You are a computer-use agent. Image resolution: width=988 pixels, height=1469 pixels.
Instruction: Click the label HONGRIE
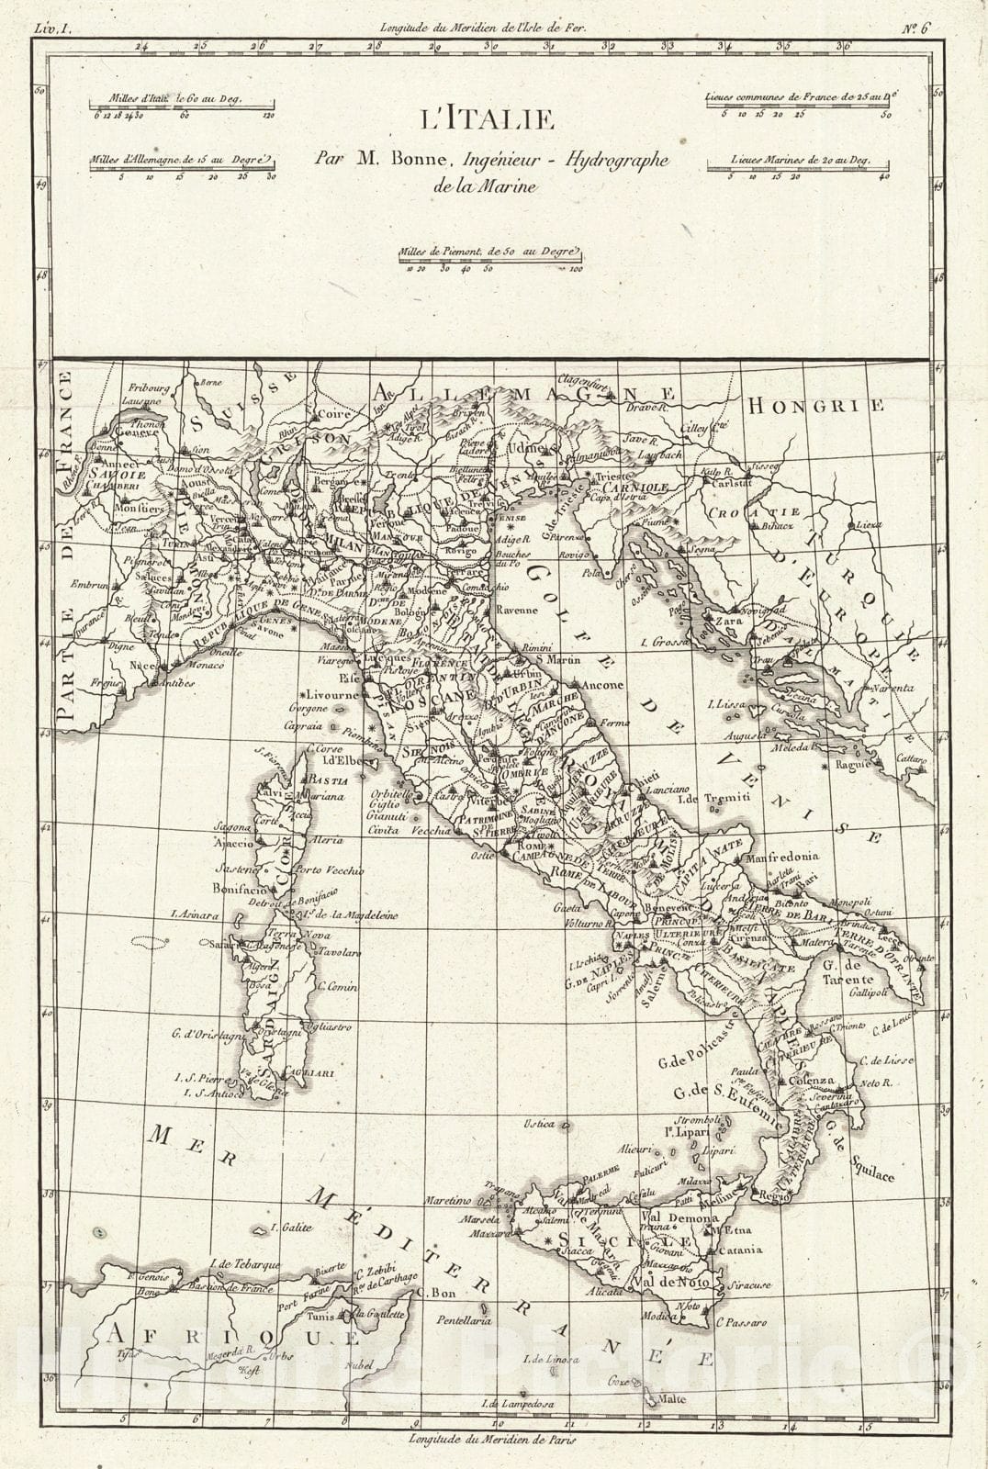[x=815, y=405]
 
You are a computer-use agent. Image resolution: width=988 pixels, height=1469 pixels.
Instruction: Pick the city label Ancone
[x=601, y=685]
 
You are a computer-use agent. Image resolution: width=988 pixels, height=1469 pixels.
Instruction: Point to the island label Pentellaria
[x=462, y=1320]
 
